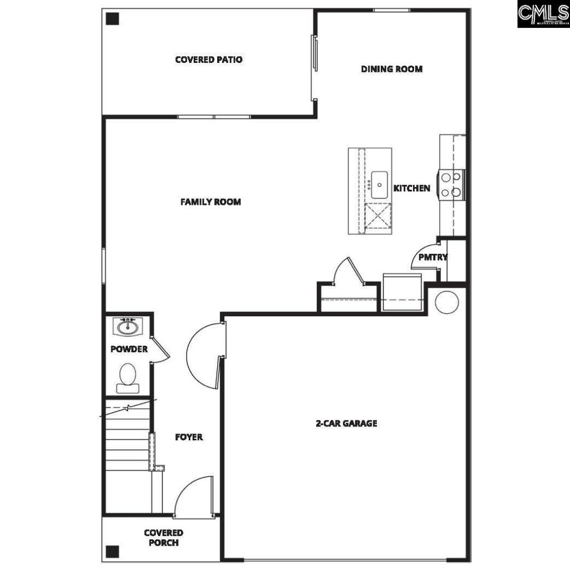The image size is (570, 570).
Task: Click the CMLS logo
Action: [543, 14]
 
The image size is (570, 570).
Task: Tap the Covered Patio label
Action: [209, 60]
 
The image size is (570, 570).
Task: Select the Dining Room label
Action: [391, 69]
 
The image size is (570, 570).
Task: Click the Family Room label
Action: [210, 202]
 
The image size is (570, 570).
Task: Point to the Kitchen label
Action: [412, 188]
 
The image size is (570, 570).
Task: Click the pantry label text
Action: [433, 257]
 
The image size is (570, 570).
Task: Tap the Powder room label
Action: [129, 349]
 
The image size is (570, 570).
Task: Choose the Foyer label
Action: [189, 437]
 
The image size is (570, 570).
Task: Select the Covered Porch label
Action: [163, 537]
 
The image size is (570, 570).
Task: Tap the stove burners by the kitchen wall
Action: [451, 185]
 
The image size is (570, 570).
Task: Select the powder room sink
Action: [128, 326]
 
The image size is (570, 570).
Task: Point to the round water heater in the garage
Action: [446, 301]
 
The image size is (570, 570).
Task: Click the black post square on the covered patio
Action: [113, 18]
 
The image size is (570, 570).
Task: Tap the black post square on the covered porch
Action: [112, 551]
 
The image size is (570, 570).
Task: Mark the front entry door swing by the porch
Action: [194, 497]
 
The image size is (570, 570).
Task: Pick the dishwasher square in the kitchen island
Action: [377, 216]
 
